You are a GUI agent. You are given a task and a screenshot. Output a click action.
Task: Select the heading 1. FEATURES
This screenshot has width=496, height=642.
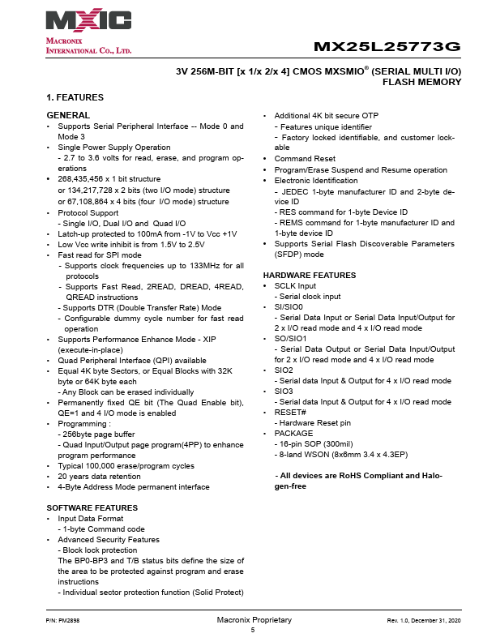tap(75, 97)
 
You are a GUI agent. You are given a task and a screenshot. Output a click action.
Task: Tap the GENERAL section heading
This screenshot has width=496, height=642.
tap(68, 116)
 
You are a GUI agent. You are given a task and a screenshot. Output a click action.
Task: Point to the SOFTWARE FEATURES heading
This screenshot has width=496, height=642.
tap(92, 507)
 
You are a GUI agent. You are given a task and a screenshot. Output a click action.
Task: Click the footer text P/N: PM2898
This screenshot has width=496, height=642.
tap(62, 620)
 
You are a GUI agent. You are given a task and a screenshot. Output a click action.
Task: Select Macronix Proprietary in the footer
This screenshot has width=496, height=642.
tap(254, 620)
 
